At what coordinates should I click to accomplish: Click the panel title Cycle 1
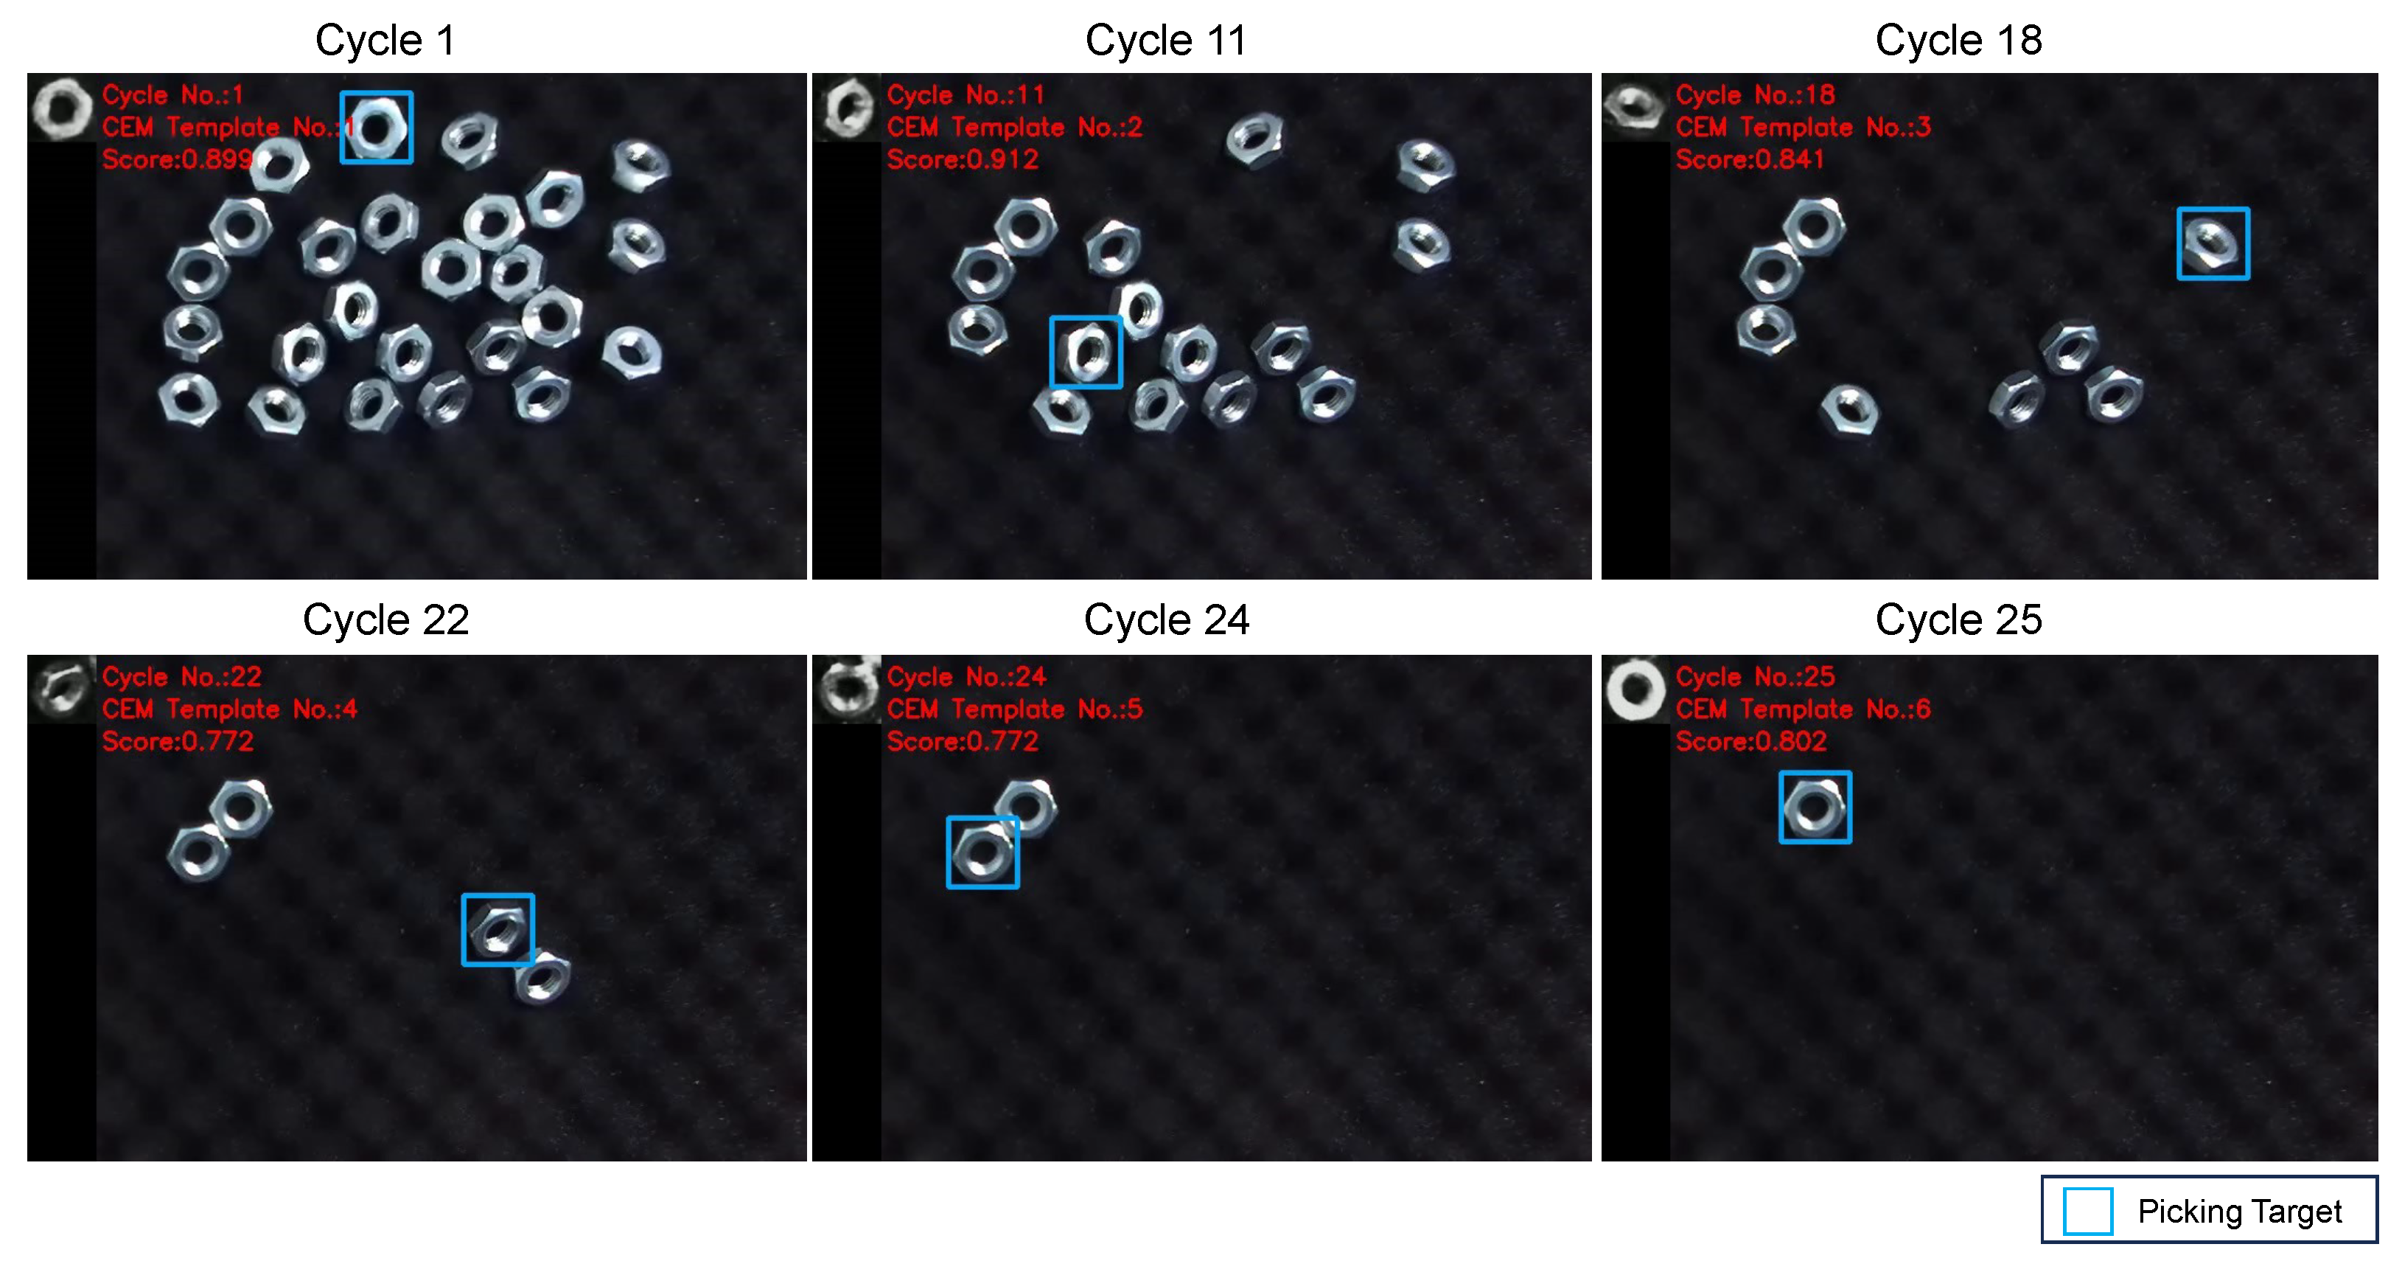[x=385, y=40]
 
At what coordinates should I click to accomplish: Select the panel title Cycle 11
[x=1165, y=40]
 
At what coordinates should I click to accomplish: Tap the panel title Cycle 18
[x=1958, y=40]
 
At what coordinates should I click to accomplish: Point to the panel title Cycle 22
[x=385, y=620]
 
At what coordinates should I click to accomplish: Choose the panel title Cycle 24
[x=1165, y=620]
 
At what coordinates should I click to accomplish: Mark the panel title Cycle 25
[x=1958, y=620]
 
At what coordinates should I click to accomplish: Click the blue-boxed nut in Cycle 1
[x=377, y=128]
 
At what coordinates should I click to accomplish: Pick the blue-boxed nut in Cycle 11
[x=1086, y=352]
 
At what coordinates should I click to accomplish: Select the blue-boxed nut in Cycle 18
[x=2213, y=243]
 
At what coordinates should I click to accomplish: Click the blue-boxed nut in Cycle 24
[x=982, y=852]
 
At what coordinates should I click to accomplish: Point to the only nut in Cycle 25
[x=1815, y=807]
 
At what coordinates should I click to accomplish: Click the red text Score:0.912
[x=963, y=159]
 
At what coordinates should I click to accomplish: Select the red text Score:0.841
[x=1749, y=159]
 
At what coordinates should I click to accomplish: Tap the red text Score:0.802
[x=1750, y=742]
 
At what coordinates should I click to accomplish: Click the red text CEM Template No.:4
[x=229, y=709]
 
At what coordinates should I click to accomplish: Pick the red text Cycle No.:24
[x=966, y=676]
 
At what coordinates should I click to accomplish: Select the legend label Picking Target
[x=2239, y=1212]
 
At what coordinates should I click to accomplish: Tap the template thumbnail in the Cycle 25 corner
[x=1635, y=690]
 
